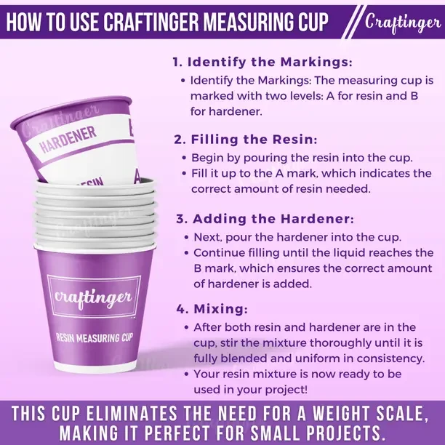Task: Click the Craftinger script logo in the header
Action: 403,23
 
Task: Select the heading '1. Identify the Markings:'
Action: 262,62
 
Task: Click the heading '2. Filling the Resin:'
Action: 246,140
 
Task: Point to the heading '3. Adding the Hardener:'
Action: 265,219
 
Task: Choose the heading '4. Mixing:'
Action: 212,309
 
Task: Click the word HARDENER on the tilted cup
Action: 68,140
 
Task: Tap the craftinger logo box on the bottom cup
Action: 94,296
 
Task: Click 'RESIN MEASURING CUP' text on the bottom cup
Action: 95,337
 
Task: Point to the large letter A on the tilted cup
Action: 137,177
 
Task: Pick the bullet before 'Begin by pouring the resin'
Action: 185,158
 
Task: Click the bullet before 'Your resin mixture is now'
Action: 186,374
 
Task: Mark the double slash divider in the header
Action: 351,22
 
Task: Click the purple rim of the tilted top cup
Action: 71,111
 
